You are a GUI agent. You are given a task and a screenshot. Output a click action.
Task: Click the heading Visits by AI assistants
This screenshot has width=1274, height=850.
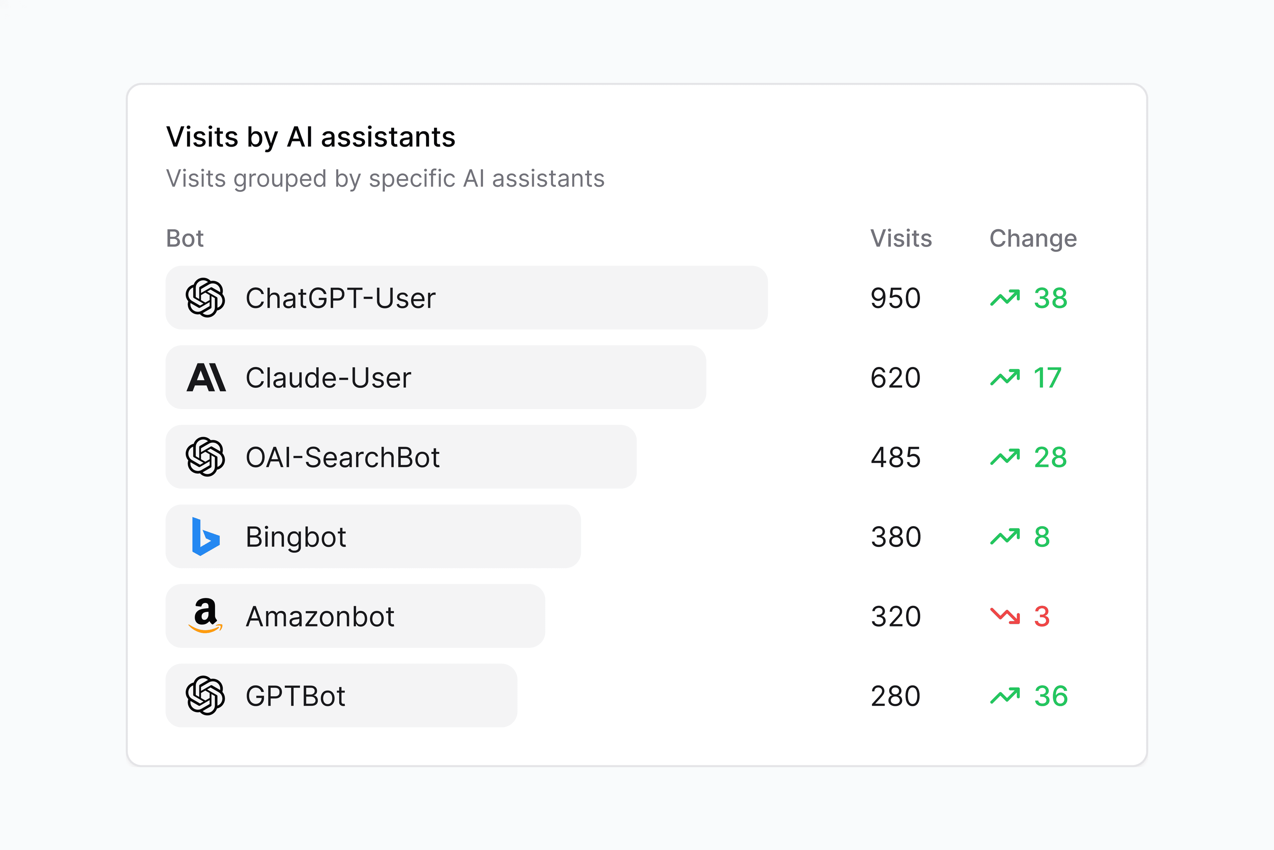click(311, 137)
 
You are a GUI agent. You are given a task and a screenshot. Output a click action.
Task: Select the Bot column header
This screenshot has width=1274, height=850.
click(185, 238)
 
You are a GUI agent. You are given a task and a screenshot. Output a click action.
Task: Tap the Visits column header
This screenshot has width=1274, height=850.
click(901, 238)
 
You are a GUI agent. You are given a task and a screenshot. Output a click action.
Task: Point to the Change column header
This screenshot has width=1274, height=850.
click(1033, 238)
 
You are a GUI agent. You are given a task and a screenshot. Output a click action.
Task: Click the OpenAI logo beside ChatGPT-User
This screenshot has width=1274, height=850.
click(205, 297)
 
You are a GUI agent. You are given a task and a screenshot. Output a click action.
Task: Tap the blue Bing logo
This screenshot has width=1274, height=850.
click(205, 537)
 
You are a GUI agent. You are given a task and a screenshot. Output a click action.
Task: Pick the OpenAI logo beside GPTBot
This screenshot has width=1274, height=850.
click(205, 696)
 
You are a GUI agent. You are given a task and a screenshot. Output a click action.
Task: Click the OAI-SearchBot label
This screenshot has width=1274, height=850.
click(342, 457)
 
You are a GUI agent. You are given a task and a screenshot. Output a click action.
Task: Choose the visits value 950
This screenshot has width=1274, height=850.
click(895, 298)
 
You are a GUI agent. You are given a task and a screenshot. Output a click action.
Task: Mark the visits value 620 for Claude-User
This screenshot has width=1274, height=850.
click(895, 378)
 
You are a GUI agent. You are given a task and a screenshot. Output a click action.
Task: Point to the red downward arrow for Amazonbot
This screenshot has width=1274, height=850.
click(1005, 616)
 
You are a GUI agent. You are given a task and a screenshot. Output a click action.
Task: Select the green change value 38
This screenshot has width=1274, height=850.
click(1050, 298)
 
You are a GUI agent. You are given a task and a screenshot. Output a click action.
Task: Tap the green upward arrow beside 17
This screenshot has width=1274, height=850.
click(1005, 377)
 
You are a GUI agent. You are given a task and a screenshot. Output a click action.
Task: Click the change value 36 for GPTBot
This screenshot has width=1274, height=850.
click(1051, 696)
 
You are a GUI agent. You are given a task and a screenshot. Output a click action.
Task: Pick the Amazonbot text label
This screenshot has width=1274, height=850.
click(319, 616)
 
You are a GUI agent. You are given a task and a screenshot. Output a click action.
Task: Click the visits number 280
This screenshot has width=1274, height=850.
click(895, 696)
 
